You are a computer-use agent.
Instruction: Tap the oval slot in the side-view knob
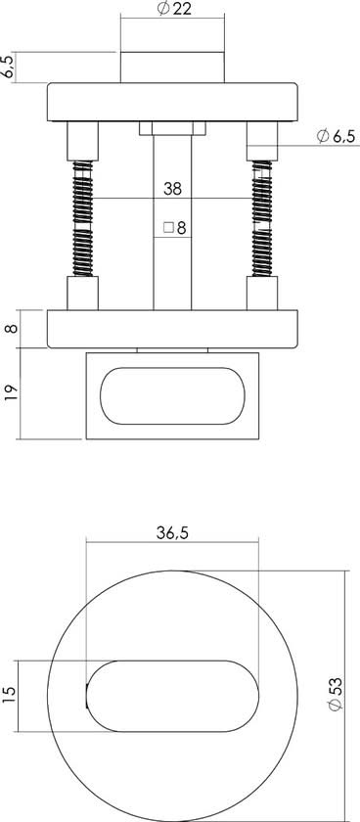tap(171, 394)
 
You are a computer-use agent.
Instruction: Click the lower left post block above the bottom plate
tap(82, 294)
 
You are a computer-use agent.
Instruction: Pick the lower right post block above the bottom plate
tap(262, 294)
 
